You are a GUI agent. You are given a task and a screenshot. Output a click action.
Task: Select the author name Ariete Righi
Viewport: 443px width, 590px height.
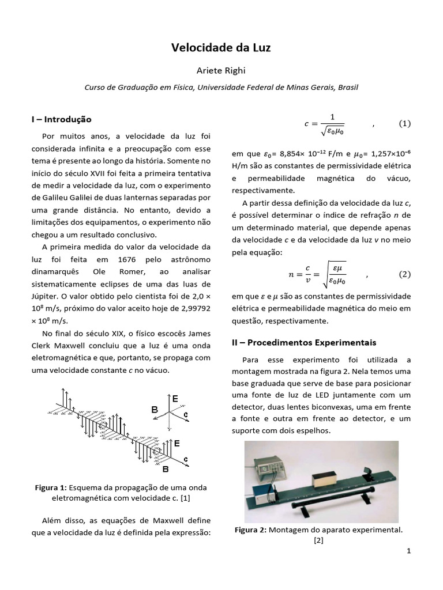tap(221, 70)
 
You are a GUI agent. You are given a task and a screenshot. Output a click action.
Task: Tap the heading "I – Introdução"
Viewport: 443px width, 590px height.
tap(62, 119)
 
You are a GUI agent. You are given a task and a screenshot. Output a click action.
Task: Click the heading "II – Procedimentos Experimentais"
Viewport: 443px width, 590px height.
tap(303, 342)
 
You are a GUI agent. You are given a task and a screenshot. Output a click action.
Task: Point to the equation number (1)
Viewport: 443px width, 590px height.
tap(405, 123)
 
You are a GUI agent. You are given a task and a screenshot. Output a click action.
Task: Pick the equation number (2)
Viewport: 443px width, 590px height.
tap(405, 274)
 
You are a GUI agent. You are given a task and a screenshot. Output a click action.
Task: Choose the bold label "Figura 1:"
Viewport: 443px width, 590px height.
tap(51, 487)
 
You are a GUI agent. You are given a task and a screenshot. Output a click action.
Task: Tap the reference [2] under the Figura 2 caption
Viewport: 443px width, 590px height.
tap(319, 540)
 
